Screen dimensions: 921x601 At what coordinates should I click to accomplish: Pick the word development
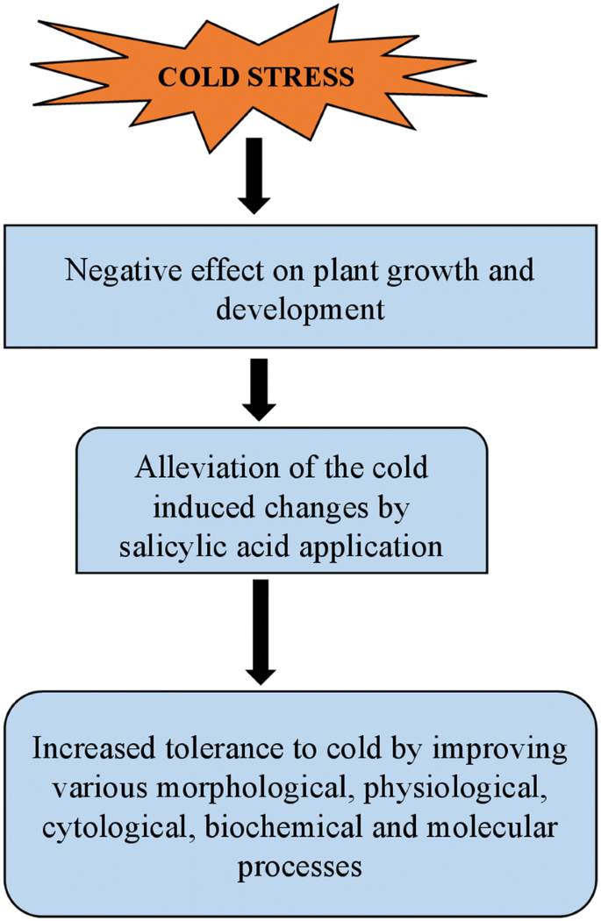click(x=301, y=310)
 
